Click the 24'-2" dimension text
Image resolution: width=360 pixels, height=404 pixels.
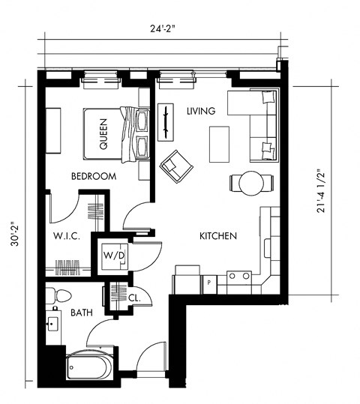[x=166, y=30]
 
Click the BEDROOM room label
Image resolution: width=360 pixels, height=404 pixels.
[x=94, y=177]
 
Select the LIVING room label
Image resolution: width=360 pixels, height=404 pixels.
[x=201, y=111]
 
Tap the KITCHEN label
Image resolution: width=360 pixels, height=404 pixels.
[x=218, y=236]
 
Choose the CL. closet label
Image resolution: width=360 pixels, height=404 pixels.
[x=135, y=298]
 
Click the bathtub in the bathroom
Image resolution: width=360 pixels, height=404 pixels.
[x=89, y=367]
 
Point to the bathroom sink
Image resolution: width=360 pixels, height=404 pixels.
[x=53, y=325]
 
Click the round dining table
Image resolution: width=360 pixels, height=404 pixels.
[x=248, y=181]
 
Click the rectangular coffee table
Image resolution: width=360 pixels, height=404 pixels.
[x=220, y=143]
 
